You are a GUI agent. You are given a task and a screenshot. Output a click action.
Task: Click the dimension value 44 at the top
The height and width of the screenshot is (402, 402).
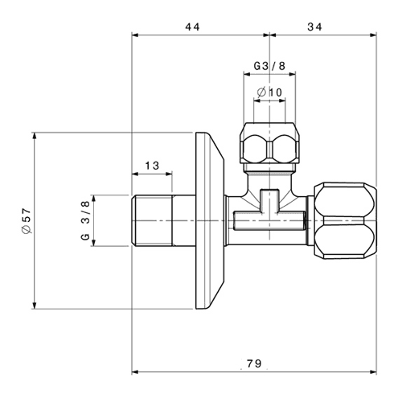tap(192, 27)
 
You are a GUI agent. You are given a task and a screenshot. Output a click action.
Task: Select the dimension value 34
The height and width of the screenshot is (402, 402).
tap(314, 27)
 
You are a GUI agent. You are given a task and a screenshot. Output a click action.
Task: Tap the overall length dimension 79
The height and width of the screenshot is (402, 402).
tap(254, 363)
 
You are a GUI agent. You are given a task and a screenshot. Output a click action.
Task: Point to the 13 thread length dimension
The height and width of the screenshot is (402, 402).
tap(152, 166)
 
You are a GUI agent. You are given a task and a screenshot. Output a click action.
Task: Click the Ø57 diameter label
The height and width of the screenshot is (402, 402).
tap(27, 221)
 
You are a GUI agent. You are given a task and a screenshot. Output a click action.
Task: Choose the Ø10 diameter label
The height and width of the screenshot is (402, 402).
tap(269, 92)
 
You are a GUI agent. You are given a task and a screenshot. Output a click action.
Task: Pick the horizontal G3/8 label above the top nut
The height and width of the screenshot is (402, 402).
tap(269, 66)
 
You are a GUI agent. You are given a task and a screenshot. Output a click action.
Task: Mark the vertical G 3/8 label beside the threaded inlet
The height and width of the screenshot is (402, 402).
tap(85, 220)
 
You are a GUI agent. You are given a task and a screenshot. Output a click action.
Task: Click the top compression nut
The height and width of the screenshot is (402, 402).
tap(269, 143)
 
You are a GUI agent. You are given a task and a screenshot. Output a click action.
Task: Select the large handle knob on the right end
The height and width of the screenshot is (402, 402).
tap(346, 221)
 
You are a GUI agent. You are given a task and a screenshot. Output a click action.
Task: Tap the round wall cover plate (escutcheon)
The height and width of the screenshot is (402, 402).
tap(210, 220)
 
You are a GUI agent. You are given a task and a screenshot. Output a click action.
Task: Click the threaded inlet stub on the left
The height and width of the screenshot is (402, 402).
tap(163, 220)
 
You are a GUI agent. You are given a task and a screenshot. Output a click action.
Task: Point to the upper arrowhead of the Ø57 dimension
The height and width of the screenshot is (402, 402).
tap(35, 136)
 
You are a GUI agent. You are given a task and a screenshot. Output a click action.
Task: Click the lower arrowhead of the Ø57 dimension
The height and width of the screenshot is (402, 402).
tap(35, 306)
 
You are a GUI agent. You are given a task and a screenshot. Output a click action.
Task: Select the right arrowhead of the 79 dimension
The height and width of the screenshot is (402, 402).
tap(373, 372)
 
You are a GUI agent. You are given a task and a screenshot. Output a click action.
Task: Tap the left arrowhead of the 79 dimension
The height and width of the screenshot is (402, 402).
tap(135, 372)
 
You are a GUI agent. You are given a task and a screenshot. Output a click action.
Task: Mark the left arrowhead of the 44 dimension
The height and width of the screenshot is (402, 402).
tap(135, 35)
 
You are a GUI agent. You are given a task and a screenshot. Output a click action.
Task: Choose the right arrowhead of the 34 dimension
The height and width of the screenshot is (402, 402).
tap(373, 35)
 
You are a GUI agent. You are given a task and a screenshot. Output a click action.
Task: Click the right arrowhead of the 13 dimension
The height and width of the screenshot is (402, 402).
tap(169, 174)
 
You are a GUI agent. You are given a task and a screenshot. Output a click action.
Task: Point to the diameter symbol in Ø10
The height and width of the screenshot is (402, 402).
tap(261, 92)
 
